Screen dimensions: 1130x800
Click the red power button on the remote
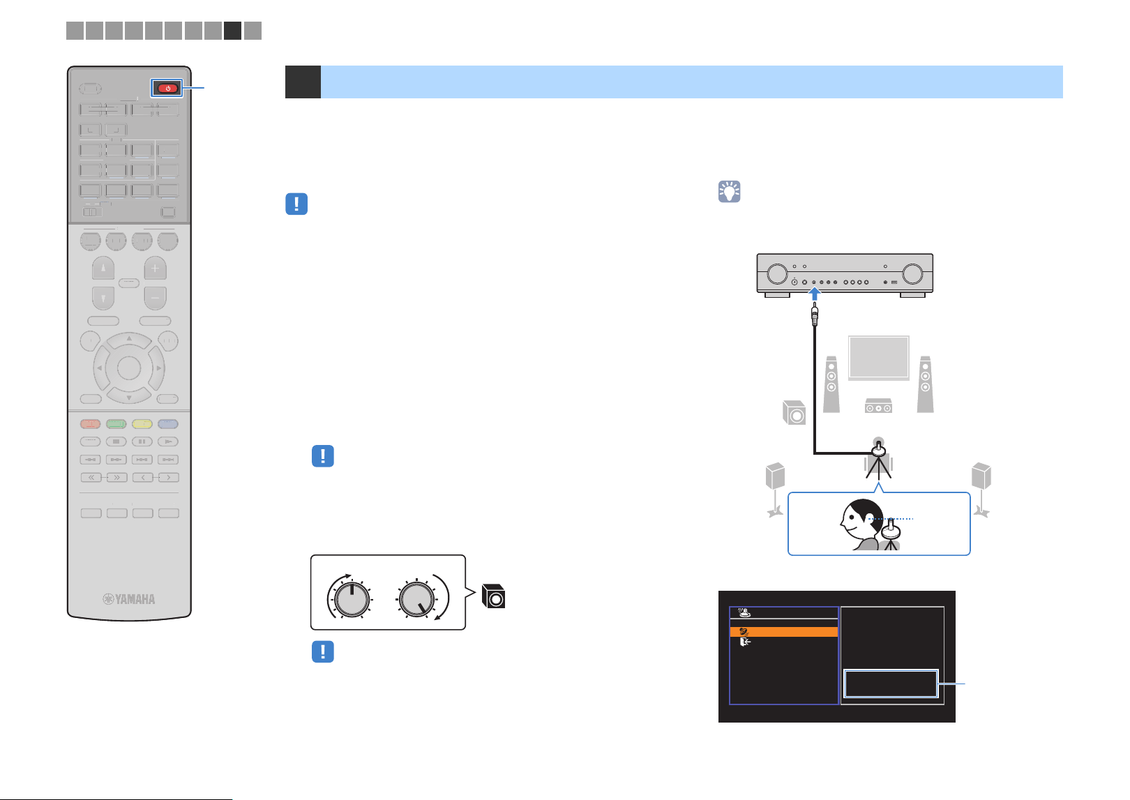167,89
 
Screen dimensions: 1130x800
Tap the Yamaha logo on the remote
128,598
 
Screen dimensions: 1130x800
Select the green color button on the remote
116,424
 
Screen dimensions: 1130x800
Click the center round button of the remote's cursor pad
128,368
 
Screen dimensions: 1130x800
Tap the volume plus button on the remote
155,268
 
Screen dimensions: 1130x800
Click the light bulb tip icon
729,192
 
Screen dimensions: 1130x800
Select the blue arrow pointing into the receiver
814,294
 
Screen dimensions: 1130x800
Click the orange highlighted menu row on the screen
783,631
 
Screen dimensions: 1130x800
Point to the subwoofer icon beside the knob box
493,596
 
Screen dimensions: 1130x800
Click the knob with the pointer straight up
352,599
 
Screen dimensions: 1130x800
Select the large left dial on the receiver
777,274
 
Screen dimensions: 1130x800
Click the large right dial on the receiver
912,274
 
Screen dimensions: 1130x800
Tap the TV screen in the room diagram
878,357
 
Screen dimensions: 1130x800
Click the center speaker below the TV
878,405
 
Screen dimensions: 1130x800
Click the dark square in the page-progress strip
232,31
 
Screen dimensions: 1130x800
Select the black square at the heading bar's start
303,82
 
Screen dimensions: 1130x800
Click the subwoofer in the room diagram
794,413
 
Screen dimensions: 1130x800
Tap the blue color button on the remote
168,424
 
